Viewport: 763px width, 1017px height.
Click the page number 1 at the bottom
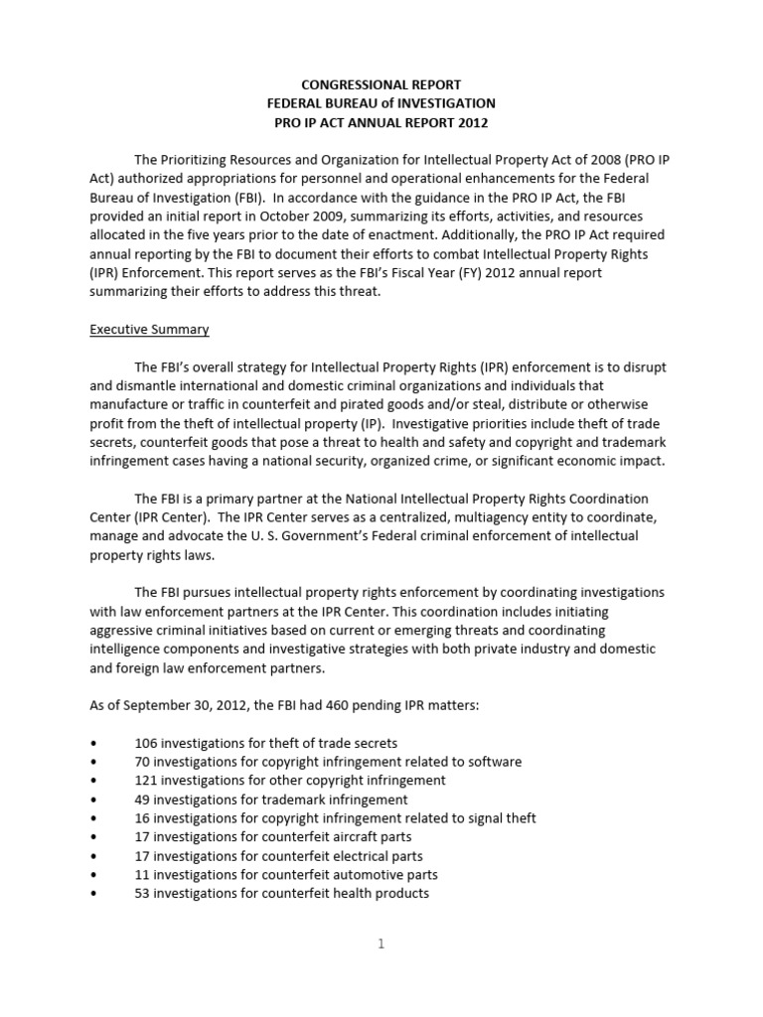click(381, 944)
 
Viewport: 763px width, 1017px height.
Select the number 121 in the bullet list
click(146, 781)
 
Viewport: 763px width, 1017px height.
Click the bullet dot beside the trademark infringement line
click(93, 799)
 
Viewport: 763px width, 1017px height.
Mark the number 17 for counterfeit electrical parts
click(142, 856)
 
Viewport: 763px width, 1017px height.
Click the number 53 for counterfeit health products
click(142, 894)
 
